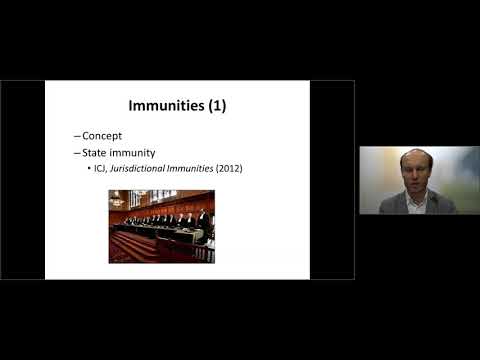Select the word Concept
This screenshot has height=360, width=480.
point(103,136)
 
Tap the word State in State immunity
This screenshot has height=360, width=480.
point(96,152)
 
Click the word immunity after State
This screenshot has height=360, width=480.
point(135,152)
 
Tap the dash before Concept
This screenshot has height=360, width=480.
point(77,136)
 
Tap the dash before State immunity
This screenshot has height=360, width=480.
point(77,152)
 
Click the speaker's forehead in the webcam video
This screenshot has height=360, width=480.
point(415,160)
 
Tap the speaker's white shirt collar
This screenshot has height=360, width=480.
point(414,202)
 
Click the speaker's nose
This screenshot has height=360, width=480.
point(415,177)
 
